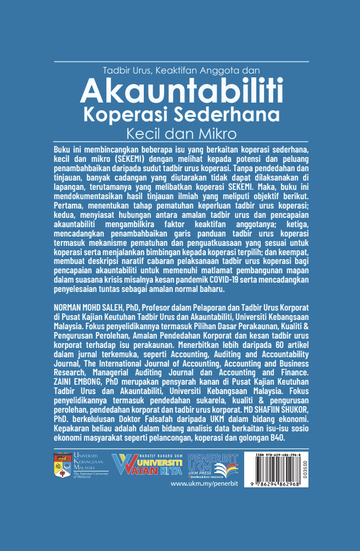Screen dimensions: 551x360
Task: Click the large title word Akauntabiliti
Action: coord(181,91)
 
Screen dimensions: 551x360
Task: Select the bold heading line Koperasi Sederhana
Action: coord(181,116)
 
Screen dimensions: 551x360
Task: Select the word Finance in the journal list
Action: coord(294,372)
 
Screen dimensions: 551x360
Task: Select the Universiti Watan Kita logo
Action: coord(148,466)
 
